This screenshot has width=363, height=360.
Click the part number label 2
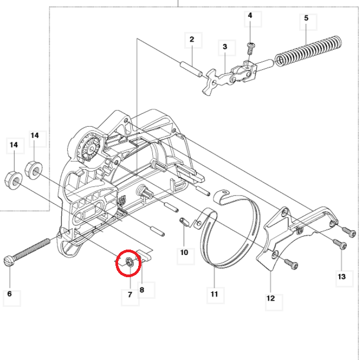[191, 40]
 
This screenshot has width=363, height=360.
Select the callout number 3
[225, 47]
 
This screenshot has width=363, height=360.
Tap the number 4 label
[250, 16]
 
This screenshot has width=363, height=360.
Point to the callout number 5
[306, 18]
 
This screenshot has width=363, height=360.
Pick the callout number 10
[184, 252]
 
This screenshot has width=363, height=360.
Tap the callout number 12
[270, 298]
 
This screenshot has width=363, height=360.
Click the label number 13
[341, 277]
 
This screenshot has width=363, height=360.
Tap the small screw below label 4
[250, 48]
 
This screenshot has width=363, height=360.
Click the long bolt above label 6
[33, 247]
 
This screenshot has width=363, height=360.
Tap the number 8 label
[142, 290]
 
